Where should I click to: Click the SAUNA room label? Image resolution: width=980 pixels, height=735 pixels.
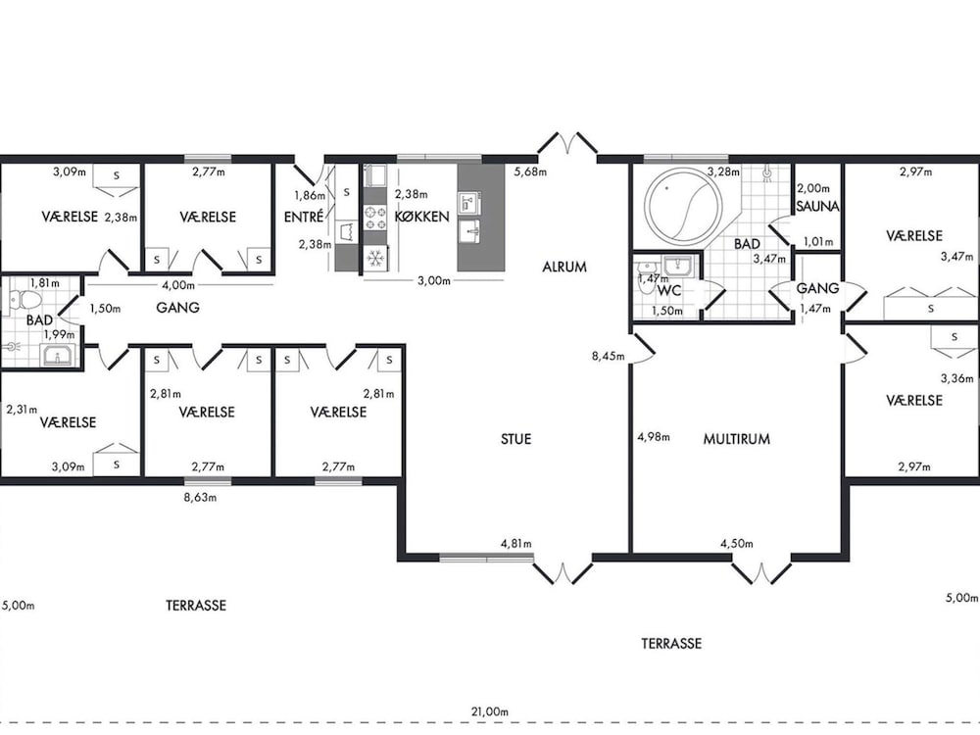pos(817,206)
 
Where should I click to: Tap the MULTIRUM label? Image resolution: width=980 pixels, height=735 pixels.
pos(736,439)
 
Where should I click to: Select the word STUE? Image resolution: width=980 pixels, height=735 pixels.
pos(515,439)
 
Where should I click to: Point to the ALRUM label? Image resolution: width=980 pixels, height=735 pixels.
pos(564,267)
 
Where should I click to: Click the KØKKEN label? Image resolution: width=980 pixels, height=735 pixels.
pos(421,217)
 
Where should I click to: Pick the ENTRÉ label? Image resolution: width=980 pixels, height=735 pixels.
pos(304,217)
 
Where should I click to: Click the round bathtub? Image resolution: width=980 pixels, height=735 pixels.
pos(684,204)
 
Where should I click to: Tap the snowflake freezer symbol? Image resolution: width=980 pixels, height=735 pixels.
pos(375,258)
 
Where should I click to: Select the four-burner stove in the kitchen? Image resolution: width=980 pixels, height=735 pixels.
pos(375,217)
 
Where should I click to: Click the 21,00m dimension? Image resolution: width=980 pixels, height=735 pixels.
pos(489,711)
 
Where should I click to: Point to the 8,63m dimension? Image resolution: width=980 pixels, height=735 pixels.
pos(199,498)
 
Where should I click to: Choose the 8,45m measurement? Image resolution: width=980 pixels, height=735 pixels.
pos(609,357)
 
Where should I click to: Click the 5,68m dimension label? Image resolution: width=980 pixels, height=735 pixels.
pos(530,171)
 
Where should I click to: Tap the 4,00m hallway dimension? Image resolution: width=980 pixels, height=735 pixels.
pos(178,285)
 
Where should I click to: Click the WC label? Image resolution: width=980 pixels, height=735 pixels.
pos(669,291)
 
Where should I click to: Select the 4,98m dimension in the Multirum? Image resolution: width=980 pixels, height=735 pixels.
pos(653,436)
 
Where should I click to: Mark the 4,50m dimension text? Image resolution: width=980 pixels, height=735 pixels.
pos(736,544)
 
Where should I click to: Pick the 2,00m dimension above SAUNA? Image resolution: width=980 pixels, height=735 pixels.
pos(813,188)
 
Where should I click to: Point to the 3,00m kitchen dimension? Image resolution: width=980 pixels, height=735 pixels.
pos(434,280)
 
